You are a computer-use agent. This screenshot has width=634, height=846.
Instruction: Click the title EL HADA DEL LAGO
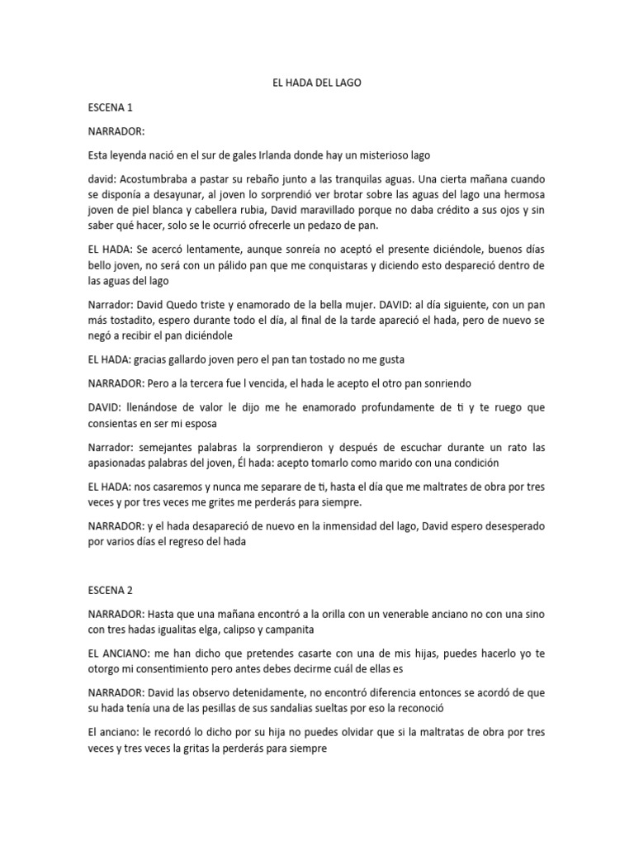pyautogui.click(x=317, y=83)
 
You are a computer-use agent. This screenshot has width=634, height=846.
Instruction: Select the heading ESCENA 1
pyautogui.click(x=111, y=107)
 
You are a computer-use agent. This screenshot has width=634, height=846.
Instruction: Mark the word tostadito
pyautogui.click(x=141, y=320)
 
